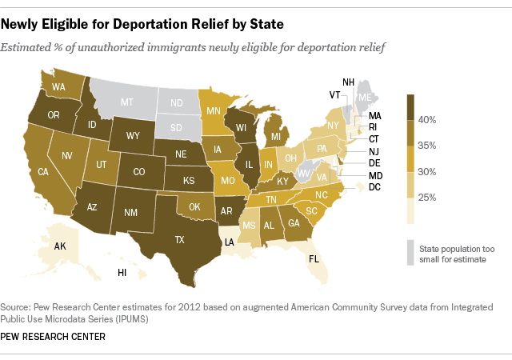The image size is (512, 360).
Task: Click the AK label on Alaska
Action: coord(60,246)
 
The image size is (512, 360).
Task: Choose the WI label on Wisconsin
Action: coord(240,127)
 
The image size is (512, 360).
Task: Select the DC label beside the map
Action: coord(374,187)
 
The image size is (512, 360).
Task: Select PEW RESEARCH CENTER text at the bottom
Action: coord(54,336)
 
